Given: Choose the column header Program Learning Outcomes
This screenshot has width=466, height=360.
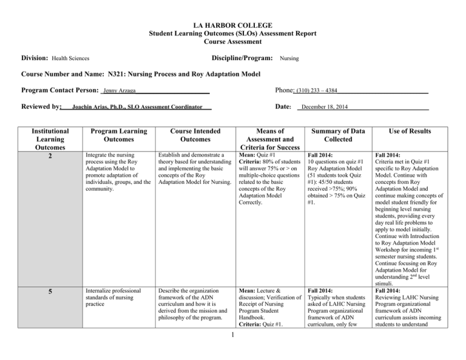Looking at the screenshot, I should pyautogui.click(x=115, y=134).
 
